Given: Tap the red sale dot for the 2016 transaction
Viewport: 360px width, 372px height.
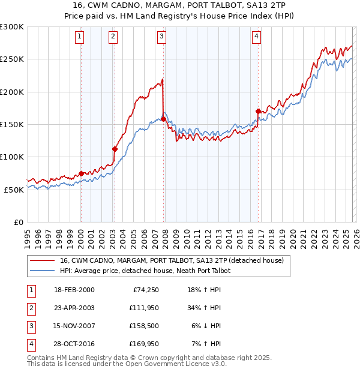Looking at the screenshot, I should tap(258, 111).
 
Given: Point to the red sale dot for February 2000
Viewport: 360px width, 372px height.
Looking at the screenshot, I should tap(81, 173).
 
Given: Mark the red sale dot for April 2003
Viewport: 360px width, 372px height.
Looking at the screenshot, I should tap(115, 149).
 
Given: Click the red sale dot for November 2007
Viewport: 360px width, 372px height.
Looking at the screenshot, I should tap(163, 119).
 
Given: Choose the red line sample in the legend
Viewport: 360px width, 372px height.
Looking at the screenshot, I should tap(43, 260).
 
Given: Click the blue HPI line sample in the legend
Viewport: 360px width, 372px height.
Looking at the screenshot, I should tap(43, 271).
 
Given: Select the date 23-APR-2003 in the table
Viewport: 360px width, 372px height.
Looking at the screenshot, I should tap(74, 308).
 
